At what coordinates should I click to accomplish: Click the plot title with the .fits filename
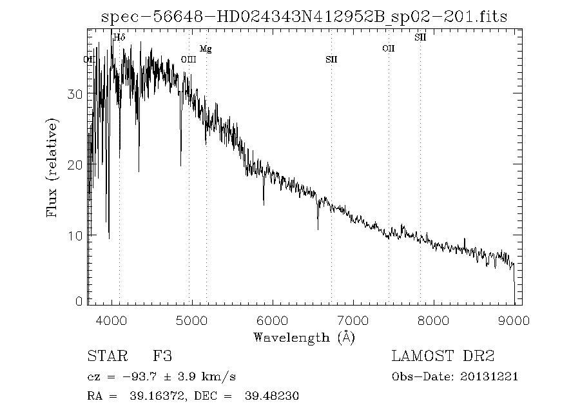304,17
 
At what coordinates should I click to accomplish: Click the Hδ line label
119,37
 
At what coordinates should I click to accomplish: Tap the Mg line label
205,48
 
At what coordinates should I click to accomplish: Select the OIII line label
188,59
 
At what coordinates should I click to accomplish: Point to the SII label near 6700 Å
331,59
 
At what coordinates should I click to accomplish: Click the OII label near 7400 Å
388,48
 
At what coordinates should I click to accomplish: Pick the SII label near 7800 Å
420,37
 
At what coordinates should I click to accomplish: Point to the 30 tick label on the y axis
75,94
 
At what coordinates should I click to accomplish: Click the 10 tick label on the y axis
75,235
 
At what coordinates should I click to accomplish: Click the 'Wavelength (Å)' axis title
304,337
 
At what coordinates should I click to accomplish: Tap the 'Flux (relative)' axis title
53,168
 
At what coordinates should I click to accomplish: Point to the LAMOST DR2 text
443,356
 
